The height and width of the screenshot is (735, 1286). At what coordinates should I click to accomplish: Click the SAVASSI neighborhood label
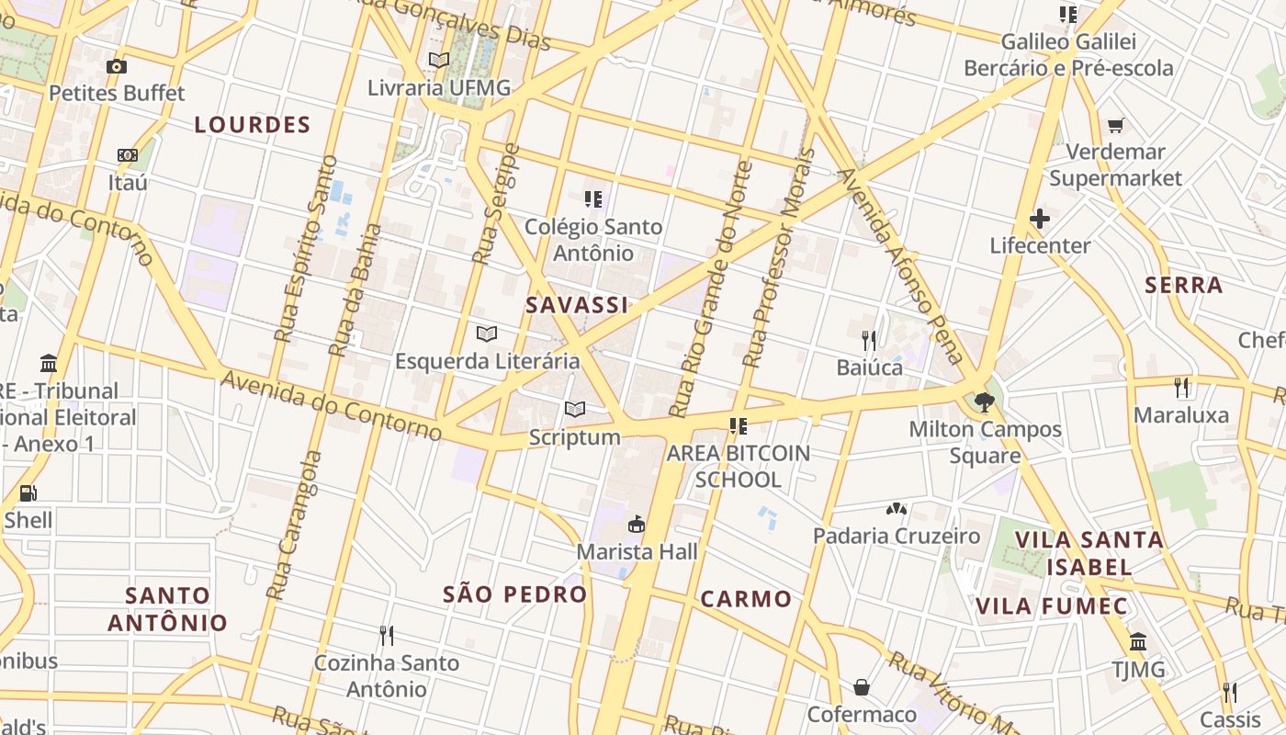tap(577, 306)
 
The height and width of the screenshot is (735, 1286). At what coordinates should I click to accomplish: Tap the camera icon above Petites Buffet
tap(117, 66)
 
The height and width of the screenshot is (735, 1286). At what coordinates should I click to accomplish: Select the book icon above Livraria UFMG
tap(439, 60)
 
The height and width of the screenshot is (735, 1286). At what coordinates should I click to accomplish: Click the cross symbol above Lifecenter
tap(1040, 219)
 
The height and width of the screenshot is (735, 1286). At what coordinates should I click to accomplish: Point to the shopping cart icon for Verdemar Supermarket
tap(1116, 125)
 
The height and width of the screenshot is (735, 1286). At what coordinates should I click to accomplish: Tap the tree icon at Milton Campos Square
tap(985, 401)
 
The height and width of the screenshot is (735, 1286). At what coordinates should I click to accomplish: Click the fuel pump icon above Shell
tap(28, 492)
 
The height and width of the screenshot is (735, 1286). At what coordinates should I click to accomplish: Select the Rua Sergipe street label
tap(496, 204)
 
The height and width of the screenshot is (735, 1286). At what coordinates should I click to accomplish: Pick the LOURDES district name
tap(253, 125)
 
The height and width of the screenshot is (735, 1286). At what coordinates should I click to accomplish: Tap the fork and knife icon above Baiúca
tap(869, 341)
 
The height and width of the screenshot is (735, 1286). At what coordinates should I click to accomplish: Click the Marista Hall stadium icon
tap(636, 525)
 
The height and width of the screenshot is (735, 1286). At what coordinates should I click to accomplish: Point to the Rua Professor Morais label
tap(780, 257)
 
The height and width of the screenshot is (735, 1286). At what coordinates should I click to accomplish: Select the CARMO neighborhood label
tap(746, 600)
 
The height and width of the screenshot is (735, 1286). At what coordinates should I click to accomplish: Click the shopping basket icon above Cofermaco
tap(862, 687)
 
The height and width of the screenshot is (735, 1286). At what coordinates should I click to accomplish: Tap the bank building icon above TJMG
tap(1138, 641)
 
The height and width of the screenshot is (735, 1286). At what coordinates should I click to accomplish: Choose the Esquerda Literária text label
tap(488, 361)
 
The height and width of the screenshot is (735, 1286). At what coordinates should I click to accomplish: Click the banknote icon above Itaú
tap(128, 155)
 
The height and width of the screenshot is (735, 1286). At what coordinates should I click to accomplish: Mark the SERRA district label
tap(1184, 286)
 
